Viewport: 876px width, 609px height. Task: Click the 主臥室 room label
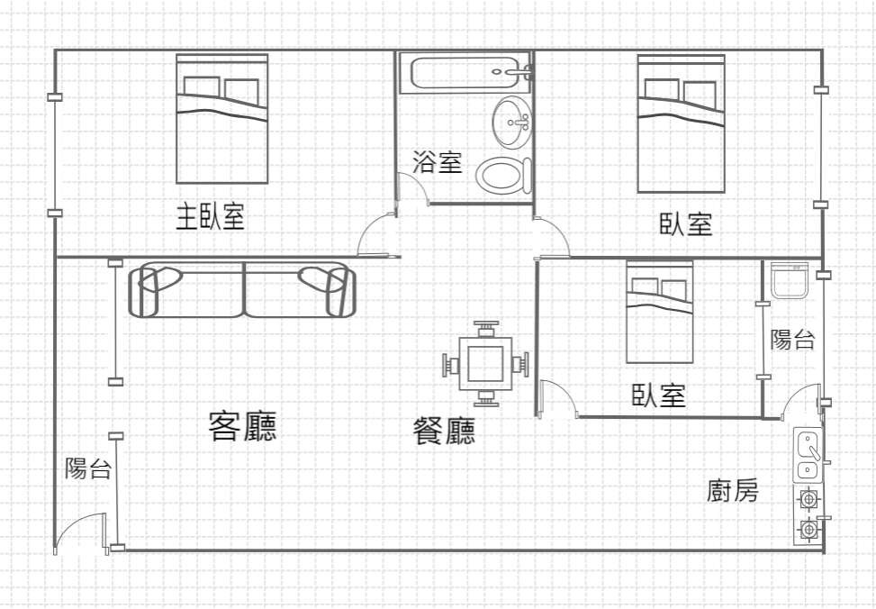tap(210, 216)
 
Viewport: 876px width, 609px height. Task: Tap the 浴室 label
tap(438, 161)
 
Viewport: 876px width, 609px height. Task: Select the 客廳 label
tap(242, 427)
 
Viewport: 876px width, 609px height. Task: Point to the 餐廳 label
tap(444, 432)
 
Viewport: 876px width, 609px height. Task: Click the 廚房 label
tap(733, 491)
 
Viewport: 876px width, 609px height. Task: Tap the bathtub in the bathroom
tap(465, 73)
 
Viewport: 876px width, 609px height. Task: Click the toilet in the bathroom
tap(504, 175)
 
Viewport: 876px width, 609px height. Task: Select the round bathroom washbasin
tap(511, 122)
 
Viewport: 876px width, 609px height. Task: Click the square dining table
tap(485, 363)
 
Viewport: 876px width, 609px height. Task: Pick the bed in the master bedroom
tap(221, 119)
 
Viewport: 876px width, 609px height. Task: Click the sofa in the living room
tap(242, 290)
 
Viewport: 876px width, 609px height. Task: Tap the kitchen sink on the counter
tap(808, 454)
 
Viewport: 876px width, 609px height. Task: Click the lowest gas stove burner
tap(808, 528)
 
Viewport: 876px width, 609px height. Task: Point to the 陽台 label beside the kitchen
tap(792, 339)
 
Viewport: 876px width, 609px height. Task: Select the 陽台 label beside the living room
tap(88, 468)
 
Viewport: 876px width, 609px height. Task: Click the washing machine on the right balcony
tap(789, 280)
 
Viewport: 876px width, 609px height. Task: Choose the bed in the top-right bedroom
tap(681, 123)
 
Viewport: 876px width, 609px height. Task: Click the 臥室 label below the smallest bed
tap(659, 395)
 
